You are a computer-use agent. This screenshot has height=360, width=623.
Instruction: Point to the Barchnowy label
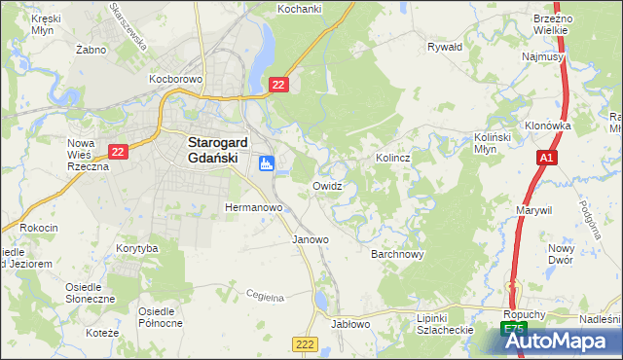click(x=397, y=254)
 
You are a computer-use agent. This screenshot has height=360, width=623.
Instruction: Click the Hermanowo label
click(x=253, y=207)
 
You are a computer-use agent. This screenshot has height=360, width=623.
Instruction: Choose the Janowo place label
click(x=311, y=238)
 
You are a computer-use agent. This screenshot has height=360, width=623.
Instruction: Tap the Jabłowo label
click(x=350, y=324)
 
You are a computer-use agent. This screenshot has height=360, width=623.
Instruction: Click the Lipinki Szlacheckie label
click(x=444, y=324)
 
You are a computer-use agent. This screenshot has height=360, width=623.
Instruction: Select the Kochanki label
click(x=299, y=9)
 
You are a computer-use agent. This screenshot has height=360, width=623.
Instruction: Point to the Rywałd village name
click(x=445, y=46)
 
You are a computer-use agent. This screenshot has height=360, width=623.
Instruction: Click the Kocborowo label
click(x=174, y=77)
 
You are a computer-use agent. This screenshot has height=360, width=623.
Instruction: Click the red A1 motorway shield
click(x=546, y=158)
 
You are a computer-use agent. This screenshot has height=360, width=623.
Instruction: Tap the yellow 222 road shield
click(x=304, y=344)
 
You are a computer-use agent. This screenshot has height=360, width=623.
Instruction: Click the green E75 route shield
click(x=514, y=331)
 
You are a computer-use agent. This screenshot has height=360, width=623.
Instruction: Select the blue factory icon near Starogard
click(x=266, y=163)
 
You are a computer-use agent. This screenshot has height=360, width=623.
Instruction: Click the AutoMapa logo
click(x=558, y=342)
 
